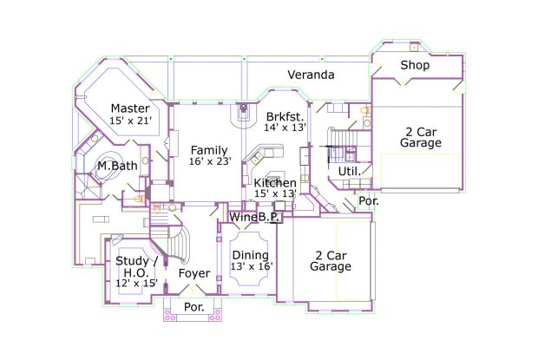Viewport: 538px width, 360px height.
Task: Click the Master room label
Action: point(130,108)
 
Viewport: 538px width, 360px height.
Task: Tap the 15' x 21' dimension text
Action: point(130,121)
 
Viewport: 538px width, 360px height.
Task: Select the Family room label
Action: point(209,150)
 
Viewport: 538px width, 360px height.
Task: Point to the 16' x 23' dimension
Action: point(210,161)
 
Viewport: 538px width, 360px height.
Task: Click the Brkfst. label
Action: point(285,116)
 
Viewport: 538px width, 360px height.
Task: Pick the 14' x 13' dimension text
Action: point(285,128)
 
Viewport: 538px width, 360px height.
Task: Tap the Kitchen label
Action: point(275,183)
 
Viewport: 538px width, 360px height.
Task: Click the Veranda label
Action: point(311,75)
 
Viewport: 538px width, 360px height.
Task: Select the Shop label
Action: point(415,65)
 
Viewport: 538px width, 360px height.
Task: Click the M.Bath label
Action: point(117,166)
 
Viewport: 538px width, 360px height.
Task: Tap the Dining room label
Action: point(251,255)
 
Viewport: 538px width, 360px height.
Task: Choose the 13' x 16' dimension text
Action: point(252,266)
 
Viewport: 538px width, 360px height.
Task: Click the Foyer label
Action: point(194,273)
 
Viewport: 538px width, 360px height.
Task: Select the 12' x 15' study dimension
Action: point(136,283)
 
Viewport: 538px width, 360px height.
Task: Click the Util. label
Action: point(350,171)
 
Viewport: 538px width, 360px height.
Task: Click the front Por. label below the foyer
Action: point(194,307)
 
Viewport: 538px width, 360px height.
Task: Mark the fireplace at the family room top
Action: point(243,112)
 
